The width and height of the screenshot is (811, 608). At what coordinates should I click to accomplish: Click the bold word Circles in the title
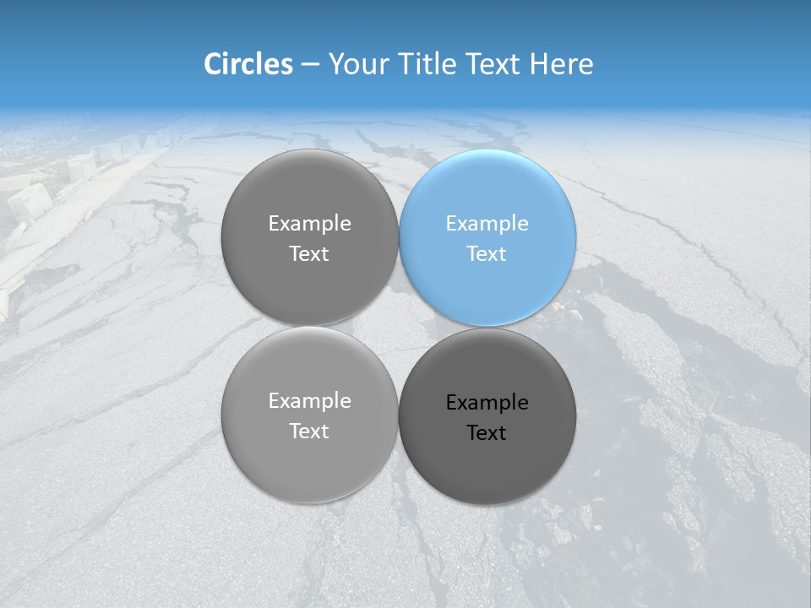coord(248,64)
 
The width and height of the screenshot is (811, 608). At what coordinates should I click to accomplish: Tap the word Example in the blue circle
coord(487,223)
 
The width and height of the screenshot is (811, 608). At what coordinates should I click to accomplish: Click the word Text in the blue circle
coord(487,253)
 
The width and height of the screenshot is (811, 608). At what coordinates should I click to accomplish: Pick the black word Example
coord(487,402)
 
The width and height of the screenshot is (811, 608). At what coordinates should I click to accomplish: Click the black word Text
coord(487,432)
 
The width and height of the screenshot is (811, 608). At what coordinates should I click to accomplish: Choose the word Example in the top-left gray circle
coord(309,223)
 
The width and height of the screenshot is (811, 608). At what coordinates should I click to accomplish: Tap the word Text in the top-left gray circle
coord(309,253)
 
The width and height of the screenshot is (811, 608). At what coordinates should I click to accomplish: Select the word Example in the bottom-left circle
coord(309,400)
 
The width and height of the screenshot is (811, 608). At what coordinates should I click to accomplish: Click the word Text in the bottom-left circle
coord(309,431)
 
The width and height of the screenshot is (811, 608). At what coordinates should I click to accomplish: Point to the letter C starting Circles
coord(213,64)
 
